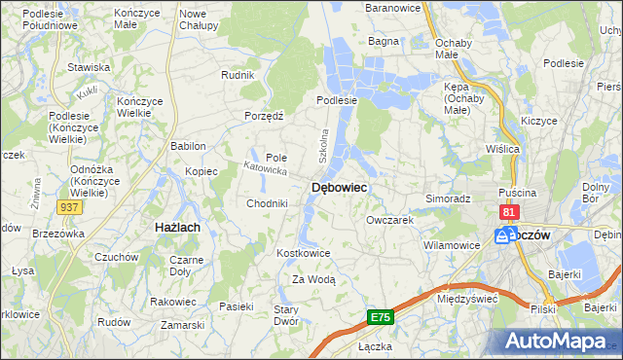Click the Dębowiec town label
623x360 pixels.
[339, 187]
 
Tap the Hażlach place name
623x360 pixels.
[178, 227]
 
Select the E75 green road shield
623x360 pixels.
[381, 317]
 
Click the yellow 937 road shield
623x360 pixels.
[69, 207]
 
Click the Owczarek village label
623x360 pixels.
[390, 220]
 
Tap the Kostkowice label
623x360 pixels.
[305, 253]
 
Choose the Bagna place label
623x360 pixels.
[384, 42]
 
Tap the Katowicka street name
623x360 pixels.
[265, 169]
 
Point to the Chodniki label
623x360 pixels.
[266, 203]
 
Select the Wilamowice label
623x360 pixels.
[453, 245]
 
